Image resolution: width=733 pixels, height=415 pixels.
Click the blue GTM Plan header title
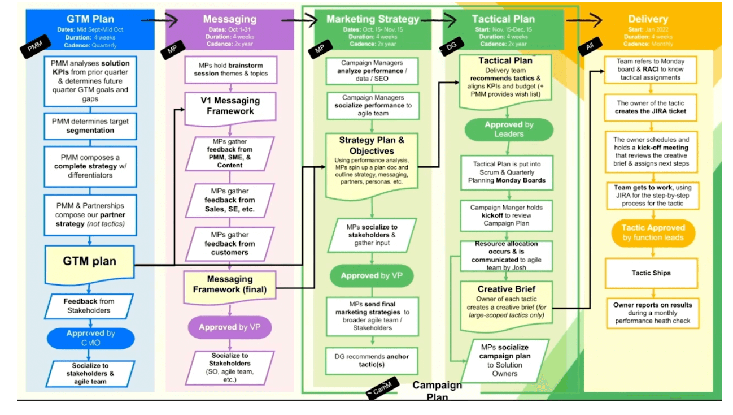pos(90,19)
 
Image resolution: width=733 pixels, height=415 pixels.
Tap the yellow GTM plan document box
pos(90,262)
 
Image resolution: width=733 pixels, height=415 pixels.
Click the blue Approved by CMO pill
pos(90,338)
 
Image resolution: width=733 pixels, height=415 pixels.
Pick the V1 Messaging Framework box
pos(230,106)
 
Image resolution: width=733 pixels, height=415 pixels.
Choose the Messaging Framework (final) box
pos(230,285)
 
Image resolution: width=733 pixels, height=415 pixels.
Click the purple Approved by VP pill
pos(230,327)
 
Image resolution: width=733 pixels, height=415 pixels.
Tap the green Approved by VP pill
pos(372,276)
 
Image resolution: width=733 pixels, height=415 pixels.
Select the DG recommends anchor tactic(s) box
pos(372,361)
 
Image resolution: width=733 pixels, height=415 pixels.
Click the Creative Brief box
pos(506,302)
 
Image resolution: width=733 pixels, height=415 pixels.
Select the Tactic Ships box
pos(651,273)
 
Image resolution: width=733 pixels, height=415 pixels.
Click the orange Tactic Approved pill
pos(653,232)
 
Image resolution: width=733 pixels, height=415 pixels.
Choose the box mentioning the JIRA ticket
pos(651,107)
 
